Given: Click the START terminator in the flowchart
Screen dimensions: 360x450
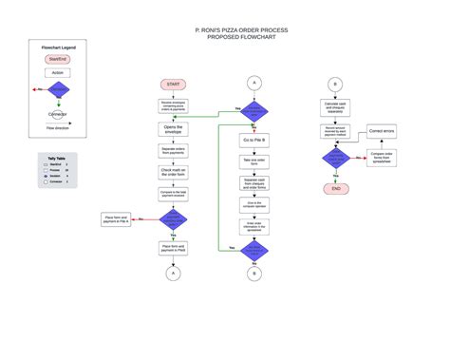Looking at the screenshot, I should [173, 85].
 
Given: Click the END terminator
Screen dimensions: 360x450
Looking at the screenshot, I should [335, 189].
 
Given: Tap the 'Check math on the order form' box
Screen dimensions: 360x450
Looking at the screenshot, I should [173, 172].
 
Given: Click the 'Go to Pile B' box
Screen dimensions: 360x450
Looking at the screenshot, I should [254, 140].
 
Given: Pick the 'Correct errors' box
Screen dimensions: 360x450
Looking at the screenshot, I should [383, 131].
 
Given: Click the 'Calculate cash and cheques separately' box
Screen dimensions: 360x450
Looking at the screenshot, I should [335, 107].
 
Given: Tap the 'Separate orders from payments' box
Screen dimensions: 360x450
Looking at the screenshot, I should [173, 150].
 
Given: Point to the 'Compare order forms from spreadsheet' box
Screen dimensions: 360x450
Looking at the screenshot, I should [383, 157].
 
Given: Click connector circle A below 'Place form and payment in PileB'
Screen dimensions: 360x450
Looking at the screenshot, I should [173, 274].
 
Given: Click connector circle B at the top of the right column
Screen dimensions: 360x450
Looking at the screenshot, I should [335, 84].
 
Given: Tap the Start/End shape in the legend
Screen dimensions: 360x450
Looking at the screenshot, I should [58, 59].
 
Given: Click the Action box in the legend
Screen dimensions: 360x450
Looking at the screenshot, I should [58, 72].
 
